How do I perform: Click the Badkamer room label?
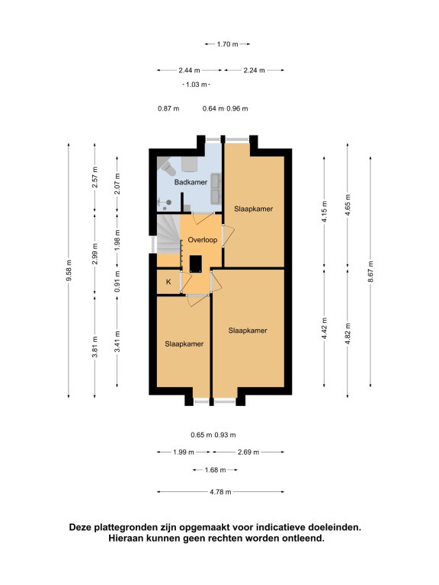tap(191, 183)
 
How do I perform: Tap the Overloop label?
tap(202, 240)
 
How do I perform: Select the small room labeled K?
tap(168, 282)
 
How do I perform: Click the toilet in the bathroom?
tap(167, 167)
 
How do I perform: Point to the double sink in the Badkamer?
tap(216, 189)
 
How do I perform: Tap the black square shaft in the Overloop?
tap(196, 264)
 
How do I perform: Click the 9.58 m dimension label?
tap(69, 270)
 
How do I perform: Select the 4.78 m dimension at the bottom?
tap(220, 492)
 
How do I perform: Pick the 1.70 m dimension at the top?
tap(227, 44)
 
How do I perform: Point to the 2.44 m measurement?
tap(189, 70)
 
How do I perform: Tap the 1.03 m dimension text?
tap(197, 85)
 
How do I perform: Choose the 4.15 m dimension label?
tap(325, 212)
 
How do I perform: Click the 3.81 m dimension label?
tap(95, 347)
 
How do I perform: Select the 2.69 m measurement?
tap(248, 452)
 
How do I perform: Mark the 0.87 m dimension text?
tap(168, 109)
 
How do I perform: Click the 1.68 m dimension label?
tap(215, 470)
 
